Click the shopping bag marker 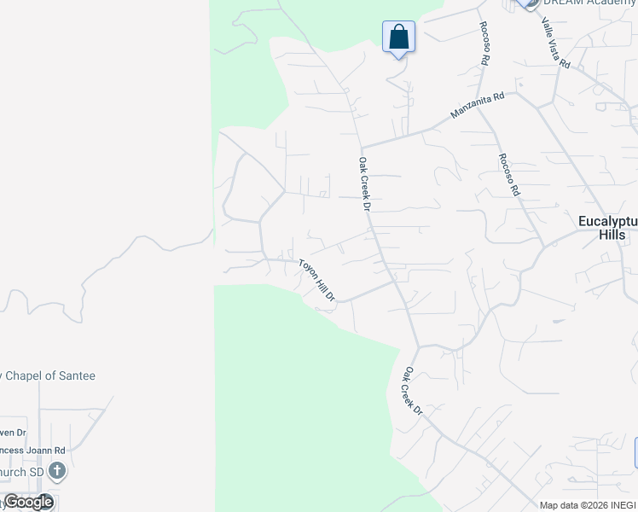[x=398, y=38]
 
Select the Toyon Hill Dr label [x=316, y=280]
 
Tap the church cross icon [x=56, y=470]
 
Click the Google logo [x=28, y=502]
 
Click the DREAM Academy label [x=589, y=3]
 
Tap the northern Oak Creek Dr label [x=364, y=183]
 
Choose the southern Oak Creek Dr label [x=413, y=391]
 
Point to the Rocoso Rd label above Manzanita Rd [x=485, y=44]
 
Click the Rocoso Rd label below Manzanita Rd [x=508, y=173]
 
